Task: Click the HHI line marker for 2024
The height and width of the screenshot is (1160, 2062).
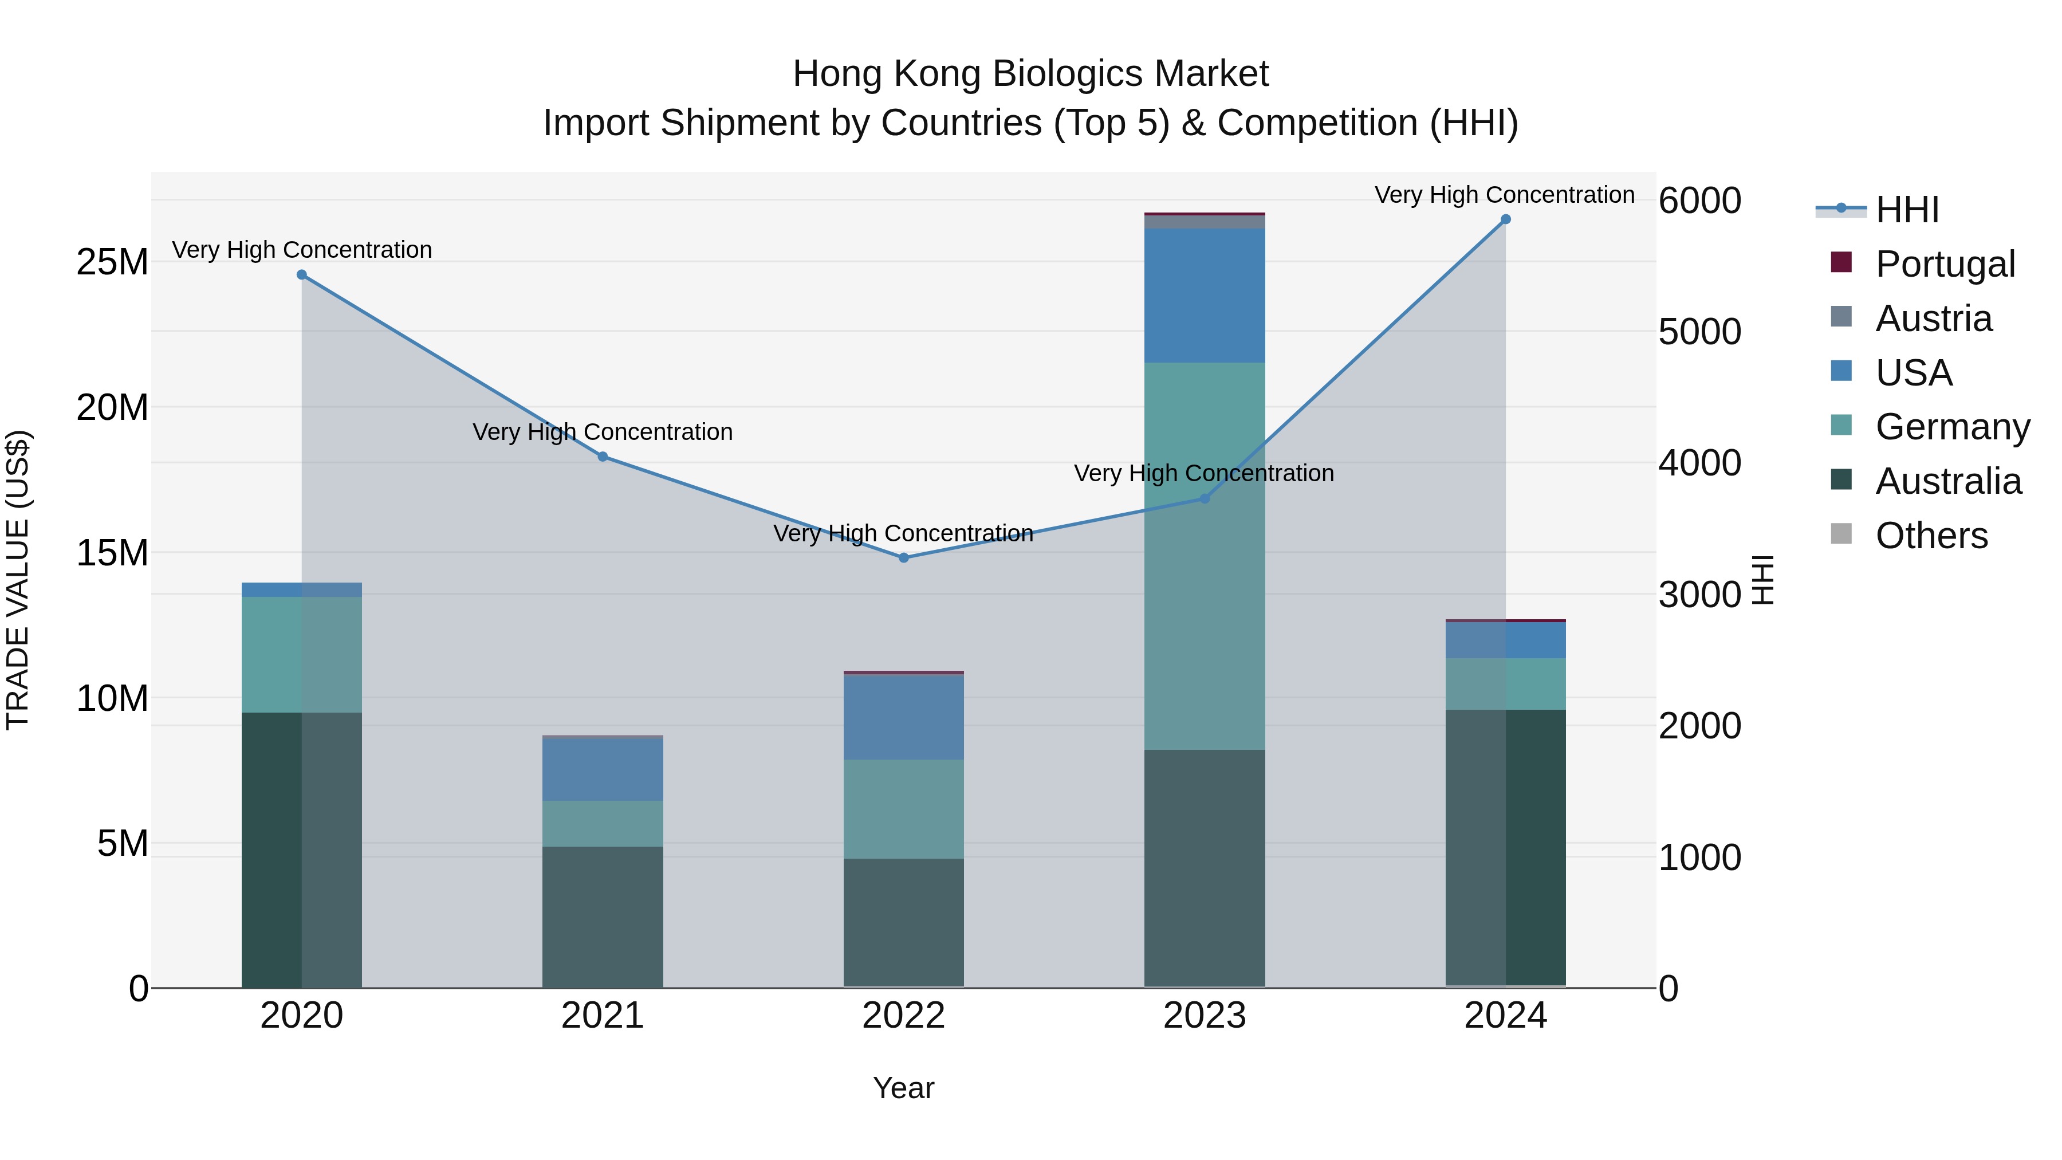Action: [x=1505, y=219]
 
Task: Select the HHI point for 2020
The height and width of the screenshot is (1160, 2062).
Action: [x=302, y=274]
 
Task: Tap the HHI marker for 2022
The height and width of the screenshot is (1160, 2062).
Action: [x=904, y=558]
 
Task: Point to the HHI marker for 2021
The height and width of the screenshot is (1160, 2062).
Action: [x=603, y=457]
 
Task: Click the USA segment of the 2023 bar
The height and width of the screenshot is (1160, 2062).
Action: [x=1204, y=296]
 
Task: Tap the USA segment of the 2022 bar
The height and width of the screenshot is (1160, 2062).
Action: [x=904, y=717]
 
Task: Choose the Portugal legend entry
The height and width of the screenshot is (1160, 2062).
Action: [x=1945, y=264]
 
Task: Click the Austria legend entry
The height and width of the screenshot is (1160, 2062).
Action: [x=1933, y=318]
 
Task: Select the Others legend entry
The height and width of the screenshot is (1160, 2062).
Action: [x=1931, y=536]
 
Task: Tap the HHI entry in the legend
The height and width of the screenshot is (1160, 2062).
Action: [x=1907, y=210]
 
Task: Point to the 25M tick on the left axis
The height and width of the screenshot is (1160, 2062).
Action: [x=112, y=262]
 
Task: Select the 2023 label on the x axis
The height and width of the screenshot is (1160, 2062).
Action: [x=1204, y=1016]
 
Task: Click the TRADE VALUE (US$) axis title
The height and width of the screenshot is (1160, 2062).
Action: [x=18, y=580]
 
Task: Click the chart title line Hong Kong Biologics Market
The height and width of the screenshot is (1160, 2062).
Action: [x=1030, y=74]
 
